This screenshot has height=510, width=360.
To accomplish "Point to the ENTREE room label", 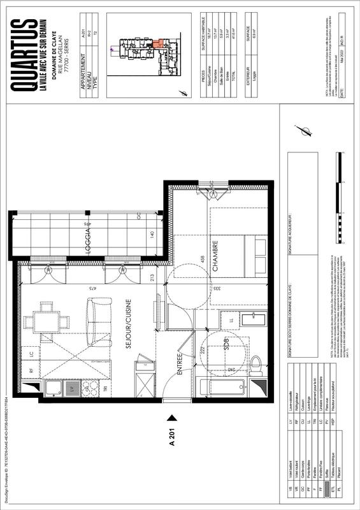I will pos(180,367).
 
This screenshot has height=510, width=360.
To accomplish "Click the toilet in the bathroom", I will pos(257,365).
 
